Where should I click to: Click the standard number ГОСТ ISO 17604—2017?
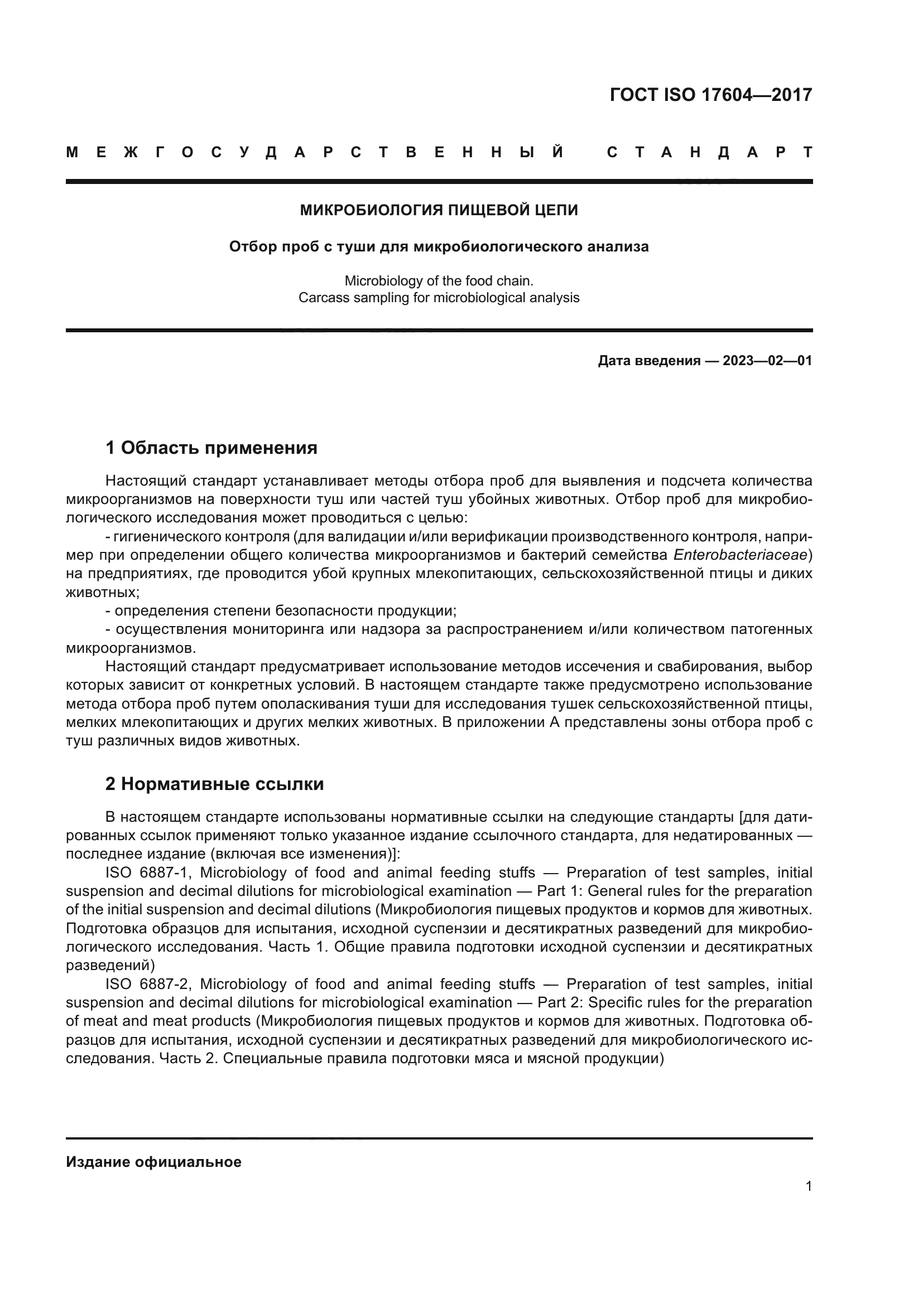(710, 94)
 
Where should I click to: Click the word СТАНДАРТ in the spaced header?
(709, 153)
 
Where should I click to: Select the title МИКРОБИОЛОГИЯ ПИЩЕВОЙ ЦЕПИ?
(439, 211)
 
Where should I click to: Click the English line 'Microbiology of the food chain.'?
(439, 280)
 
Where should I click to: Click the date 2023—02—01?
(767, 361)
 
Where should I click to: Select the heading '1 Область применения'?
(211, 448)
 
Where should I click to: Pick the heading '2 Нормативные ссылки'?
(215, 784)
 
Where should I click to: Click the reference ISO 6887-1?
(150, 873)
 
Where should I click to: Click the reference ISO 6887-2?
(150, 984)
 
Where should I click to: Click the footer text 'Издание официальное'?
(153, 1162)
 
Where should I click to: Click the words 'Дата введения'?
(648, 361)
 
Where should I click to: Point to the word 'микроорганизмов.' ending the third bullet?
(131, 648)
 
